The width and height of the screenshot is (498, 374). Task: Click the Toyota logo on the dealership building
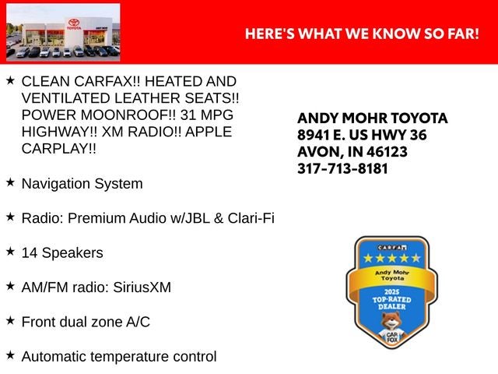(74, 23)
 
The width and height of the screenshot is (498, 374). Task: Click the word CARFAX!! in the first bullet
(107, 81)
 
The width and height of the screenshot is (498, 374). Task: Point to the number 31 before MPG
(188, 115)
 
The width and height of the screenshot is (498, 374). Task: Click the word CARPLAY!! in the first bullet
(59, 149)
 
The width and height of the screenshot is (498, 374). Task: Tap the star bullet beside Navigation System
(10, 182)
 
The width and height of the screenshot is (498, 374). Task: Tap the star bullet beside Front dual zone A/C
(10, 320)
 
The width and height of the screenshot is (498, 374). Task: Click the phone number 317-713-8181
(342, 168)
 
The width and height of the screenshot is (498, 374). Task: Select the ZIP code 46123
(387, 152)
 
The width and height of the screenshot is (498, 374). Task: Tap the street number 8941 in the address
(313, 135)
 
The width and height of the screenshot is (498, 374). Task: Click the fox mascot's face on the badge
(391, 320)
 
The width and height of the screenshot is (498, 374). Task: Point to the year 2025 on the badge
(391, 292)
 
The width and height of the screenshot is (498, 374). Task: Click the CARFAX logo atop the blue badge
(392, 248)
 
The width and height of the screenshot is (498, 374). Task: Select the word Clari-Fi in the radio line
(251, 218)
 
